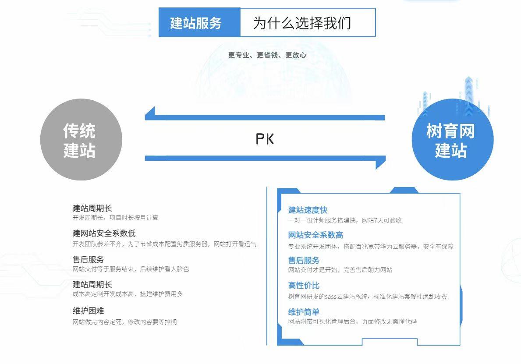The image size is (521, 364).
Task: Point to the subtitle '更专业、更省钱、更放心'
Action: [x=267, y=55]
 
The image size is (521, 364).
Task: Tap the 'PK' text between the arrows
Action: [x=265, y=139]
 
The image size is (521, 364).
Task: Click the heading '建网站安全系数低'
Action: [x=104, y=233]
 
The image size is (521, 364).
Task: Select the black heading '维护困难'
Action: [x=88, y=311]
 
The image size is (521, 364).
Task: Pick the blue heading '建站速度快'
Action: [x=308, y=210]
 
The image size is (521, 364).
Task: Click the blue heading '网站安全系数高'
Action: [x=315, y=236]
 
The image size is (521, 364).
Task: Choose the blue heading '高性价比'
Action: [x=304, y=286]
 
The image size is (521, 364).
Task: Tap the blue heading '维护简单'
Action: [x=304, y=312]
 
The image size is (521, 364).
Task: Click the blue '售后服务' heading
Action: [x=304, y=261]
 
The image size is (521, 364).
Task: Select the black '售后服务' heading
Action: [x=88, y=260]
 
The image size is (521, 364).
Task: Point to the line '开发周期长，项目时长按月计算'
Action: [x=115, y=218]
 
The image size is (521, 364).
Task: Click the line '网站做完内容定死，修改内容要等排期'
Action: [x=124, y=322]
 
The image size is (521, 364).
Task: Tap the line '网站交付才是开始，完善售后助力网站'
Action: [x=340, y=270]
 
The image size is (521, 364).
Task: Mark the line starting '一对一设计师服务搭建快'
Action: [x=345, y=220]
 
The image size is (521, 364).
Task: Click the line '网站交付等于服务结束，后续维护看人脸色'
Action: [x=131, y=269]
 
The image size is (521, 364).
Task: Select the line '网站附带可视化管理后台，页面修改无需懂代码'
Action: [x=352, y=322]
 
